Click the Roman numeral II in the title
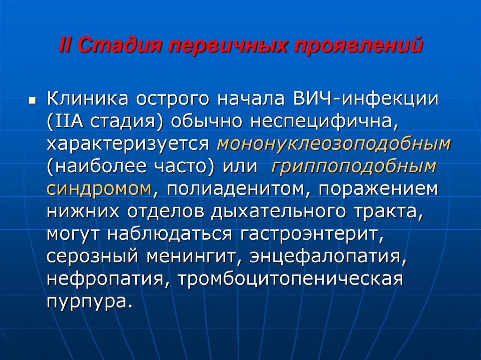tap(66, 45)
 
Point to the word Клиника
tap(88, 99)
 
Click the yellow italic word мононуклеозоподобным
tap(334, 144)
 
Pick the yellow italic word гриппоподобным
tap(353, 167)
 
